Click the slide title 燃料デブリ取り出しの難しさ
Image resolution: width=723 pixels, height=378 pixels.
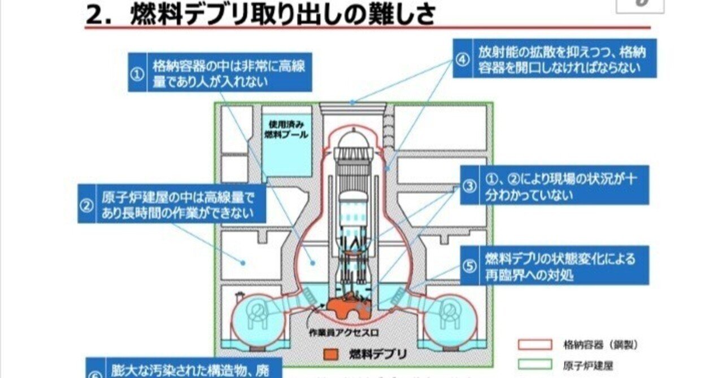pyautogui.click(x=282, y=15)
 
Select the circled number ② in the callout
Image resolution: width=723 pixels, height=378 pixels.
pyautogui.click(x=86, y=205)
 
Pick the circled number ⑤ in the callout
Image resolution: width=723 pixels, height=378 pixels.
pyautogui.click(x=470, y=266)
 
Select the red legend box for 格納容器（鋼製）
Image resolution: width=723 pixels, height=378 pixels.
pyautogui.click(x=534, y=345)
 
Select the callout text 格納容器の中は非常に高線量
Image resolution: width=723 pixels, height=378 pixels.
pyautogui.click(x=229, y=73)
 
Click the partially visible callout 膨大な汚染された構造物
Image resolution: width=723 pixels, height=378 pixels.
pyautogui.click(x=186, y=370)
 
